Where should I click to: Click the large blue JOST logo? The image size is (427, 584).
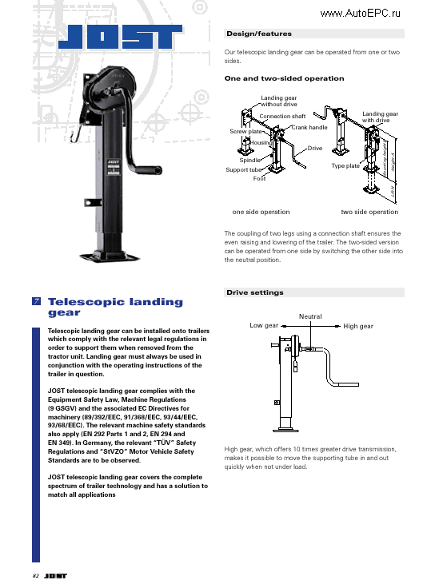(x=124, y=38)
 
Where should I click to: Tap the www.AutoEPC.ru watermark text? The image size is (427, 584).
(x=360, y=13)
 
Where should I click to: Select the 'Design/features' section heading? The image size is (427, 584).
(x=258, y=34)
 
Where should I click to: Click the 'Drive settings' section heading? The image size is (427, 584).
(x=254, y=292)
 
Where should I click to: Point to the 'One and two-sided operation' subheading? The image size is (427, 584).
(x=284, y=78)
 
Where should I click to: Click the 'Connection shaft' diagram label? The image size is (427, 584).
(x=282, y=117)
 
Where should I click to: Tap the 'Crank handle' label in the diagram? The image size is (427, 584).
(x=309, y=127)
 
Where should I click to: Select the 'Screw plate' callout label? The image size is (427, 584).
(x=245, y=131)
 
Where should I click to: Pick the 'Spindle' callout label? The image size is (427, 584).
(x=250, y=160)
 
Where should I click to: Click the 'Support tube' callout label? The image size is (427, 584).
(x=243, y=169)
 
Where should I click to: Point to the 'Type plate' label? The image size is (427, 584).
(x=345, y=165)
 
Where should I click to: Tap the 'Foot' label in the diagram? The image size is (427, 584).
(x=259, y=178)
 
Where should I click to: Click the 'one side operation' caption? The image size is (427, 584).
(x=261, y=212)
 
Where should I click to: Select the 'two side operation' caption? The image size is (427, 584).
(x=369, y=212)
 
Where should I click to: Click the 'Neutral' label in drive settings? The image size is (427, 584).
(x=310, y=316)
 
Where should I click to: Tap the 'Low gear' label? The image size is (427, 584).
(x=264, y=326)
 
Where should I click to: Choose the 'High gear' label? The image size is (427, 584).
(x=358, y=326)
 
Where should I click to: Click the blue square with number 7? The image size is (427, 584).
(x=37, y=302)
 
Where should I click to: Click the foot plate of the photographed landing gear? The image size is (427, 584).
(x=117, y=258)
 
